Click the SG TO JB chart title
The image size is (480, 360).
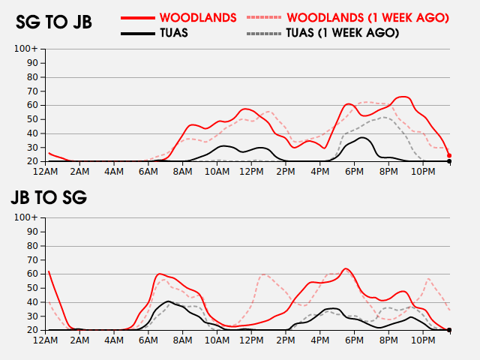pos(54,22)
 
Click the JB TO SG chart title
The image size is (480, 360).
pos(49,197)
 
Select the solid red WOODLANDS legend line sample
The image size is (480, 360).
pos(138,18)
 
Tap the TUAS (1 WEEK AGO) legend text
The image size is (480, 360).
pos(342,33)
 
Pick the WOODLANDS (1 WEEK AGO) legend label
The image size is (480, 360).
pos(367,18)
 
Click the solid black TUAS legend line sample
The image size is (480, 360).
pos(138,33)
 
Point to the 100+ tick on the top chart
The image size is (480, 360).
pos(25,49)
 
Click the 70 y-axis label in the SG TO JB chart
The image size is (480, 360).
pos(32,91)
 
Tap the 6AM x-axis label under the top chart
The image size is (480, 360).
pos(148,172)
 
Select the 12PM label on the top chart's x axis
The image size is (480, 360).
pos(251,172)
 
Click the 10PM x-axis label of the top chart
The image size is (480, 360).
pos(423,172)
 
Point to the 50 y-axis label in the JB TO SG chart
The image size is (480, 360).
pos(32,288)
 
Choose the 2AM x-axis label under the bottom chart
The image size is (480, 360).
pos(79,340)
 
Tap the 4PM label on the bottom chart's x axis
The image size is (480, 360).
pos(320,340)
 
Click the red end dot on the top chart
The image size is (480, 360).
pos(449,155)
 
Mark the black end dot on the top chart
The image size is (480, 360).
pos(449,161)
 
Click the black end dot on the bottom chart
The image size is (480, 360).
pos(449,330)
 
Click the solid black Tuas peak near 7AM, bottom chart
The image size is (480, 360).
pos(168,301)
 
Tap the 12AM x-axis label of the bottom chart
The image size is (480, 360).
pos(45,340)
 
